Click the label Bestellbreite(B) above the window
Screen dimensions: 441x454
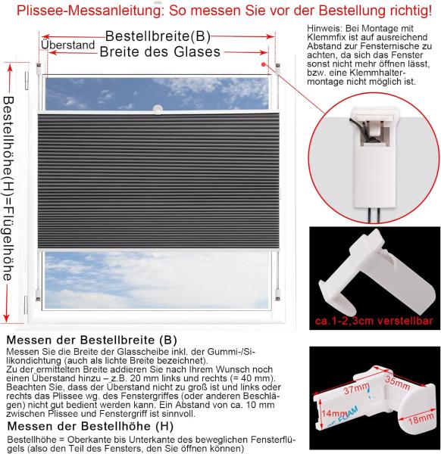(x=157, y=36)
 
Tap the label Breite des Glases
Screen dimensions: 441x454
(x=160, y=52)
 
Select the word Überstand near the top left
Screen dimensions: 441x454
(x=69, y=45)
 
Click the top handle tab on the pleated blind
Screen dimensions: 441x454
(x=158, y=111)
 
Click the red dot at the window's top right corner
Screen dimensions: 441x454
(x=262, y=66)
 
